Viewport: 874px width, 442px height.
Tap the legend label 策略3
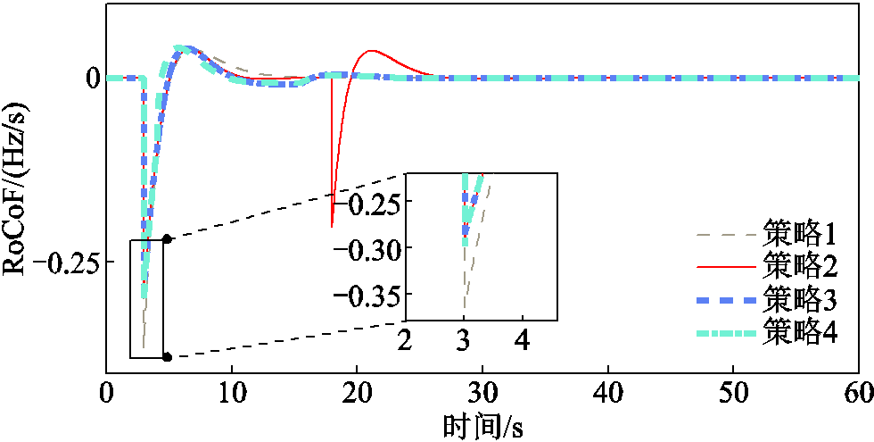(x=801, y=302)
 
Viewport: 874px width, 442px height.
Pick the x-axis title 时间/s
(x=482, y=428)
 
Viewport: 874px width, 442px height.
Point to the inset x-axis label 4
(x=523, y=341)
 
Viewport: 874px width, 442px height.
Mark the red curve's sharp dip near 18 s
(x=332, y=227)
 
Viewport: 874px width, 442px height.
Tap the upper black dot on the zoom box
(x=168, y=239)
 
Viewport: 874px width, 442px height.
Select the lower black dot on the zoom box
(x=168, y=357)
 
